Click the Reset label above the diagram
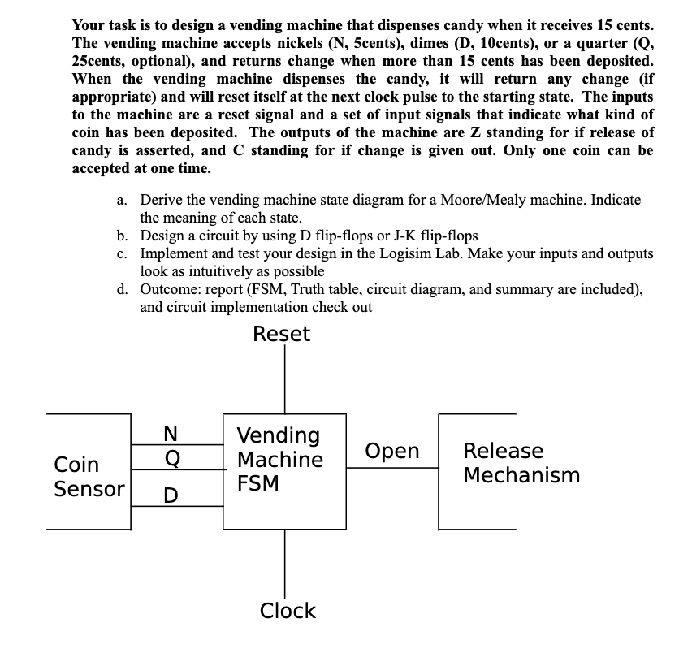[281, 335]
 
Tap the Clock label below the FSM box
[288, 611]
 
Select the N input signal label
[171, 435]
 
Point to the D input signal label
[171, 495]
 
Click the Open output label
[392, 451]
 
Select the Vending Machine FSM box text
[279, 460]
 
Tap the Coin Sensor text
[89, 477]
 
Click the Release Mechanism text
[521, 463]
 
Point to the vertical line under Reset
[284, 382]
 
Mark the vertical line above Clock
[284, 560]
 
